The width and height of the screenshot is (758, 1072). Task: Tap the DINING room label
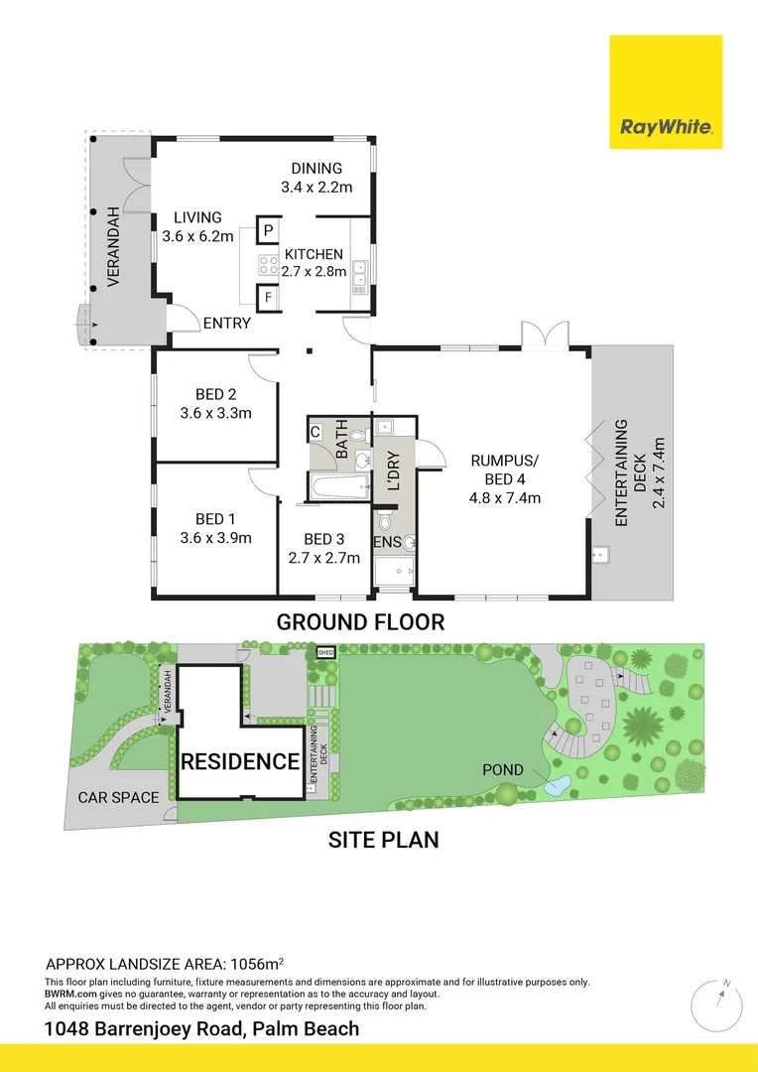point(316,168)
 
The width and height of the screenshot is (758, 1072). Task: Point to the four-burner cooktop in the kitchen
point(269,265)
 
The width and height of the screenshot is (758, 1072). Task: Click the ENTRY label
point(226,323)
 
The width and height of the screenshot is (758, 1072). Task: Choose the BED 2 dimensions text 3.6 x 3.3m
point(215,412)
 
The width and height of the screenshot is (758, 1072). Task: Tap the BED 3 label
point(323,539)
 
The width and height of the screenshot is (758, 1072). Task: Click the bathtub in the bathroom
point(337,486)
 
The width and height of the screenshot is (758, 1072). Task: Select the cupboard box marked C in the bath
point(315,432)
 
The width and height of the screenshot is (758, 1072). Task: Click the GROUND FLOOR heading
point(360,622)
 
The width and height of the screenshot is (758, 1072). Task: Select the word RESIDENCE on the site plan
point(239,762)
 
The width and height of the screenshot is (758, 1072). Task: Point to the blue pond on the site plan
point(557,787)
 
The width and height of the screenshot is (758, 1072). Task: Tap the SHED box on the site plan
point(325,652)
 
